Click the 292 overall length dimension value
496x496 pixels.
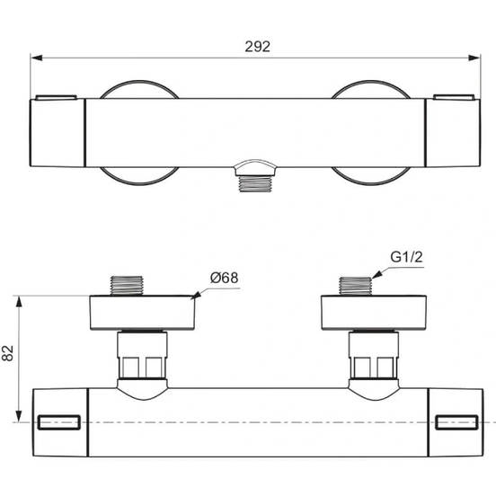pyautogui.click(x=257, y=46)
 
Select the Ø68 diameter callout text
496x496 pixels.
pyautogui.click(x=225, y=278)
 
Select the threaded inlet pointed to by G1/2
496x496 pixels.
pyautogui.click(x=357, y=285)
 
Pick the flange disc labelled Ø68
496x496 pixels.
pyautogui.click(x=143, y=313)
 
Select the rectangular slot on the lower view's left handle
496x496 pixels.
pyautogui.click(x=61, y=422)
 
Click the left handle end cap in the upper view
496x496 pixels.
pyautogui.click(x=58, y=131)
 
